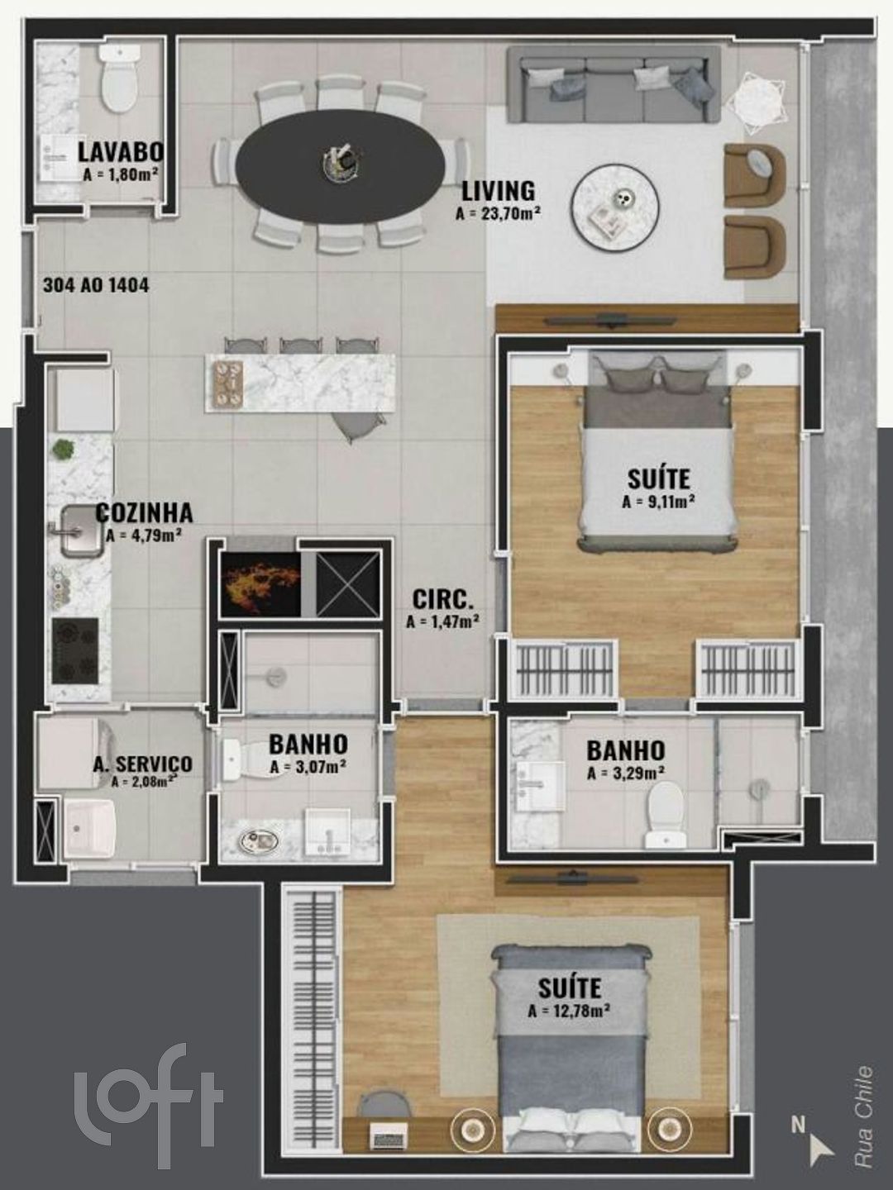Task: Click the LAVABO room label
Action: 121,152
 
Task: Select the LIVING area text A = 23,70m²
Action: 499,213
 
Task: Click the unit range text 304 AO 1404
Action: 96,285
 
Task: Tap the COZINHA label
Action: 144,513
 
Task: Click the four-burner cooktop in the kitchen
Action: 75,650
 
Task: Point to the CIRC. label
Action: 443,600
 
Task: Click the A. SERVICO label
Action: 142,764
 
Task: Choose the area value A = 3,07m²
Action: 308,767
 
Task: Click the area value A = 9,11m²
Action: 659,502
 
